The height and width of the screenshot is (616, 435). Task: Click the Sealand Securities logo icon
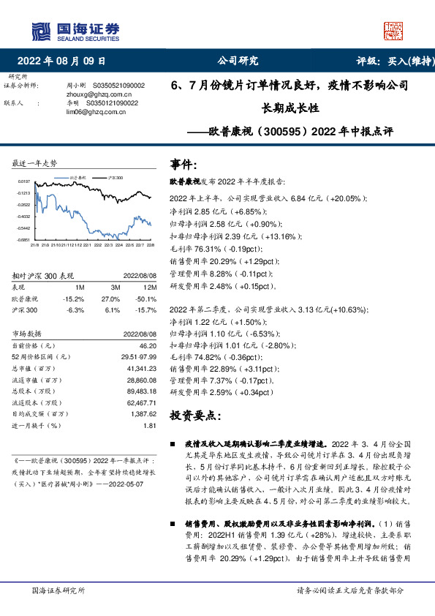click(42, 31)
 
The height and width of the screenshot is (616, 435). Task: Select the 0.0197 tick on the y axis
click(23, 181)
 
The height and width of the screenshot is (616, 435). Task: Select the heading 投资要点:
click(193, 415)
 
